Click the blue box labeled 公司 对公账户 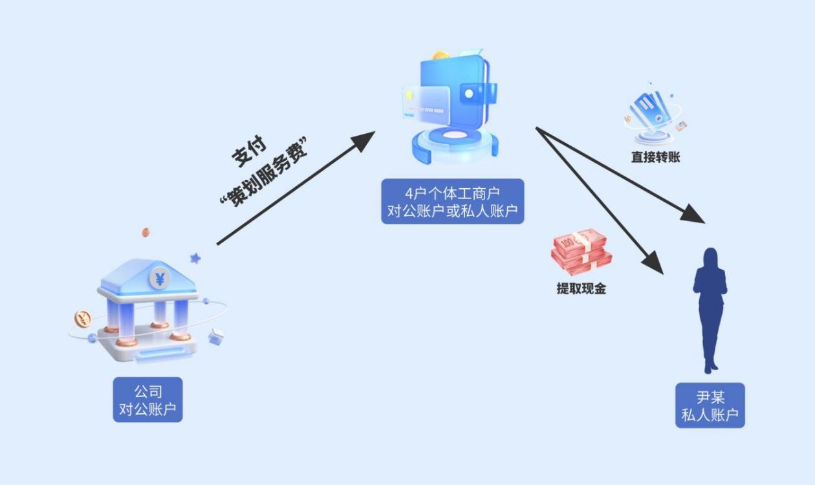pos(147,400)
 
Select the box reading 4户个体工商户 pos(452,201)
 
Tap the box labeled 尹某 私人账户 pos(710,405)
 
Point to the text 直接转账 pos(655,157)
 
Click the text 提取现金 pos(581,289)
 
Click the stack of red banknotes pos(581,252)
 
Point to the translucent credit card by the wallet pos(424,103)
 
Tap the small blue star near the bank pos(195,258)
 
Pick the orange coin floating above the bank pos(146,232)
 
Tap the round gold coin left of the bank pos(83,318)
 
